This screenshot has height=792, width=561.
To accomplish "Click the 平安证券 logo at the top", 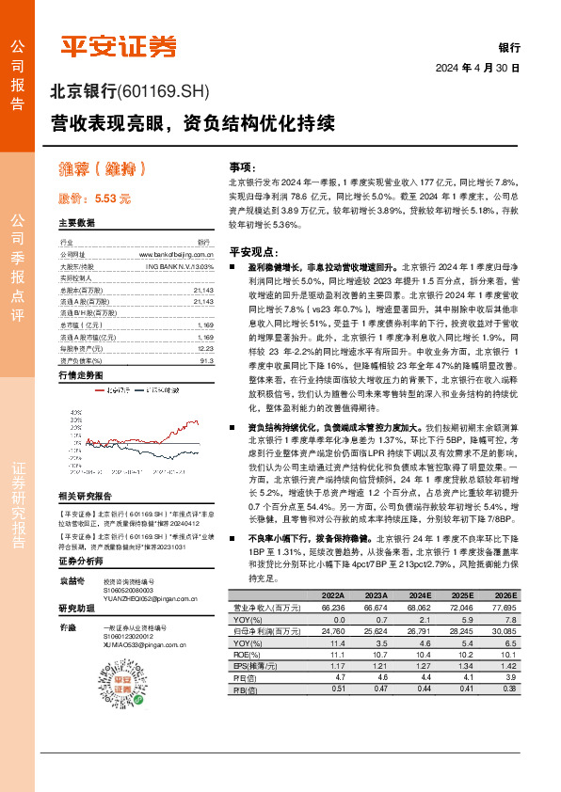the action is point(118,45).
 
